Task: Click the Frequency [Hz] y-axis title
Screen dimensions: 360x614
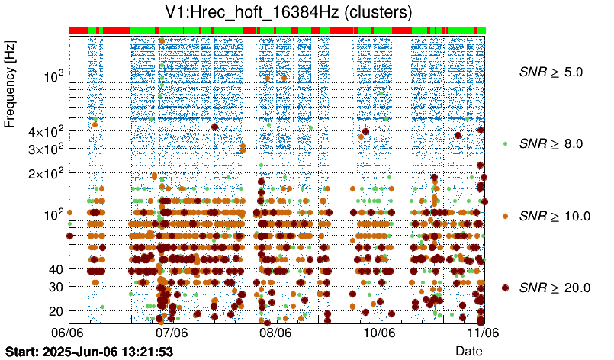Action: (10, 84)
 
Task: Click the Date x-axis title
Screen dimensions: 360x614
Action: (469, 350)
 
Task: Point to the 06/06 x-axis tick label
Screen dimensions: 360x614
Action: (68, 333)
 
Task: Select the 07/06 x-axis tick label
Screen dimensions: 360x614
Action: (172, 333)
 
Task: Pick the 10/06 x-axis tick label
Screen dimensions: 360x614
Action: (379, 333)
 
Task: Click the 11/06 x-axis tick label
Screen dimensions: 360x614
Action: (483, 333)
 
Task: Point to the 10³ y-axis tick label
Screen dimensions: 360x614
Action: (53, 76)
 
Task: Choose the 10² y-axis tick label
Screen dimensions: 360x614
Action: (53, 214)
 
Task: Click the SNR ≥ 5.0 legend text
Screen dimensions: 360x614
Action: (551, 72)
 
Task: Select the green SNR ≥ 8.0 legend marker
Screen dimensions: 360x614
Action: (505, 143)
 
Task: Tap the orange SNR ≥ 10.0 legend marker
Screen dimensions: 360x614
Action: (505, 216)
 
